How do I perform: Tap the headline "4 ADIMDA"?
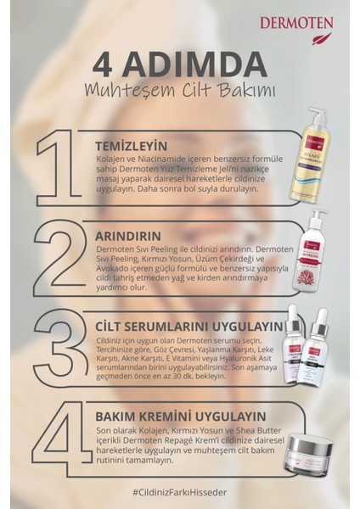(x=179, y=66)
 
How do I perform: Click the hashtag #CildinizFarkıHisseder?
(x=180, y=489)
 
